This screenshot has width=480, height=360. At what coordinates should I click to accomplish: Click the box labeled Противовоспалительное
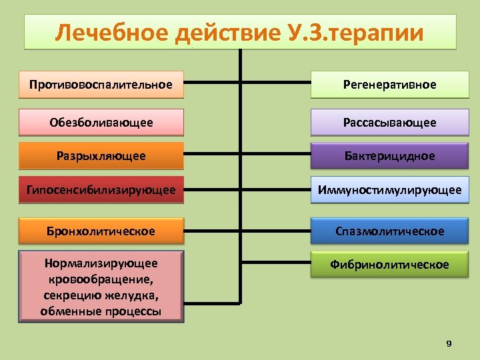(101, 85)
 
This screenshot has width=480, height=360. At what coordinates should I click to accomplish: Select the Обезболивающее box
(101, 123)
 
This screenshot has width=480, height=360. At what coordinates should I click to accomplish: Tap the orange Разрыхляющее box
(101, 156)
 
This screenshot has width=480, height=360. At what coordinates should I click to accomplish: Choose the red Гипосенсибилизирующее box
(101, 190)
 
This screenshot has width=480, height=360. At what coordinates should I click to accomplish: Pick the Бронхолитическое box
(101, 231)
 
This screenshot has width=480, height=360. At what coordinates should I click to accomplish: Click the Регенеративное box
(389, 85)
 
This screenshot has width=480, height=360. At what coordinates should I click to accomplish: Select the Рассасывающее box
(389, 123)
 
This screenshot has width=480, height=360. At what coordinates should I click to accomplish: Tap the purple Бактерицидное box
(389, 156)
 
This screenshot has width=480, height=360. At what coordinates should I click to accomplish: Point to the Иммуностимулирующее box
(389, 190)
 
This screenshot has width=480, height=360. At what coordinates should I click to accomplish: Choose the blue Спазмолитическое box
(389, 231)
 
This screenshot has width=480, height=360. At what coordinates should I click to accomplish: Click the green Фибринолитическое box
(389, 265)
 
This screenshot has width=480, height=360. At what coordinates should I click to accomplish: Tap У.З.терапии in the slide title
(353, 33)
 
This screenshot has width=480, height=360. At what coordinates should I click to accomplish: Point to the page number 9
(449, 343)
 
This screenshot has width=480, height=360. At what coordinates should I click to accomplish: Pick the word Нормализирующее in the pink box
(101, 264)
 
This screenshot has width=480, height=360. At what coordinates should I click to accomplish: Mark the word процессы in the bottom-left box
(133, 311)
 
